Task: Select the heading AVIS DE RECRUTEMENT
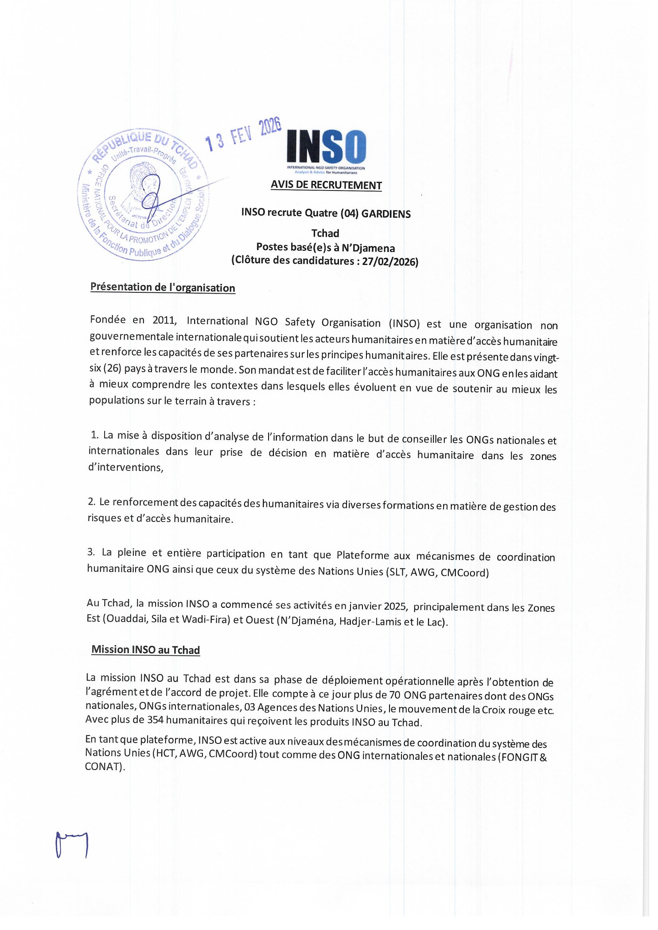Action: click(326, 185)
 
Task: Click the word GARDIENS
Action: click(386, 214)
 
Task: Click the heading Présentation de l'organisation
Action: click(162, 288)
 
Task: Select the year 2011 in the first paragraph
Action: click(165, 320)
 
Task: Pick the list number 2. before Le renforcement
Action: click(91, 502)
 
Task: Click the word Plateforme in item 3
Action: click(363, 555)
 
